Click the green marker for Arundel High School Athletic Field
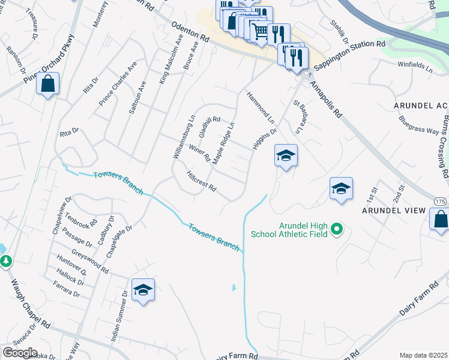tap(337, 229)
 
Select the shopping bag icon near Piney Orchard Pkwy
tap(47, 84)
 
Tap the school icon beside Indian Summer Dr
tap(143, 290)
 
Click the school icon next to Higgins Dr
tap(286, 156)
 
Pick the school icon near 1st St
tap(341, 189)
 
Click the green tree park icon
tap(5, 261)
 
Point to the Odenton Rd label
tap(189, 32)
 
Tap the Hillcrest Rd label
tap(201, 182)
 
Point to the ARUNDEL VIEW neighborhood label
tap(393, 211)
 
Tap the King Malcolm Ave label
tap(170, 58)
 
